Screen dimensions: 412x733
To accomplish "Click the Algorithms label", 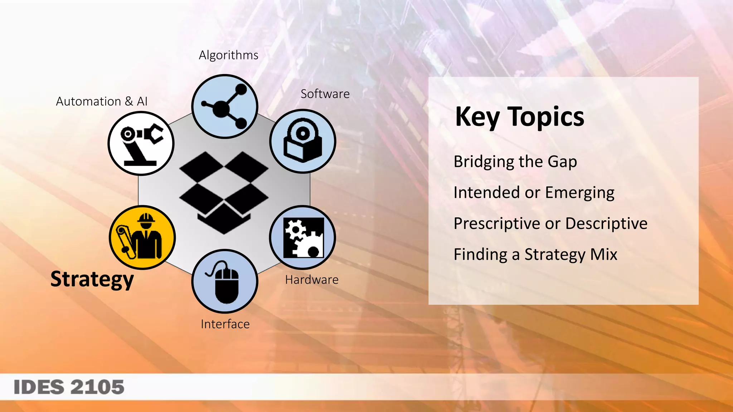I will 228,55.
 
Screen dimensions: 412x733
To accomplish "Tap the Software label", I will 325,94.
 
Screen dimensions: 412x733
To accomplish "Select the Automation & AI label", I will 102,102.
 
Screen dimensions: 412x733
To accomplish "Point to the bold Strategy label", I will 92,279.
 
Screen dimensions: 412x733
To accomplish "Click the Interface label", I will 225,324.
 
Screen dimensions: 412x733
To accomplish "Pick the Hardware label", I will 312,280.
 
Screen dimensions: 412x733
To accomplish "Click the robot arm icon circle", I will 141,143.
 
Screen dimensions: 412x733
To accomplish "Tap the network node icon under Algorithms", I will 225,107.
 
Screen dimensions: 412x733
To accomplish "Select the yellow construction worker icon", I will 142,237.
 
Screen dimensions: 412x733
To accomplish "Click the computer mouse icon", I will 225,281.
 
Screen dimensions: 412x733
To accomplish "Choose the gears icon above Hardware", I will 303,237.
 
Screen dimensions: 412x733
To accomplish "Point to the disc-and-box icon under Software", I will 303,141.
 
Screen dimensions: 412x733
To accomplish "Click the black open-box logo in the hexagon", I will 224,192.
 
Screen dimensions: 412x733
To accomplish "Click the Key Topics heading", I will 520,117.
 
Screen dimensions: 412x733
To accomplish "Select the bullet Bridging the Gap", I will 515,162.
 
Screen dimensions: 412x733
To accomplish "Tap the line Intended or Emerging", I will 534,193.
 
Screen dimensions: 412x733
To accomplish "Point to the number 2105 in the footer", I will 97,387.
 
